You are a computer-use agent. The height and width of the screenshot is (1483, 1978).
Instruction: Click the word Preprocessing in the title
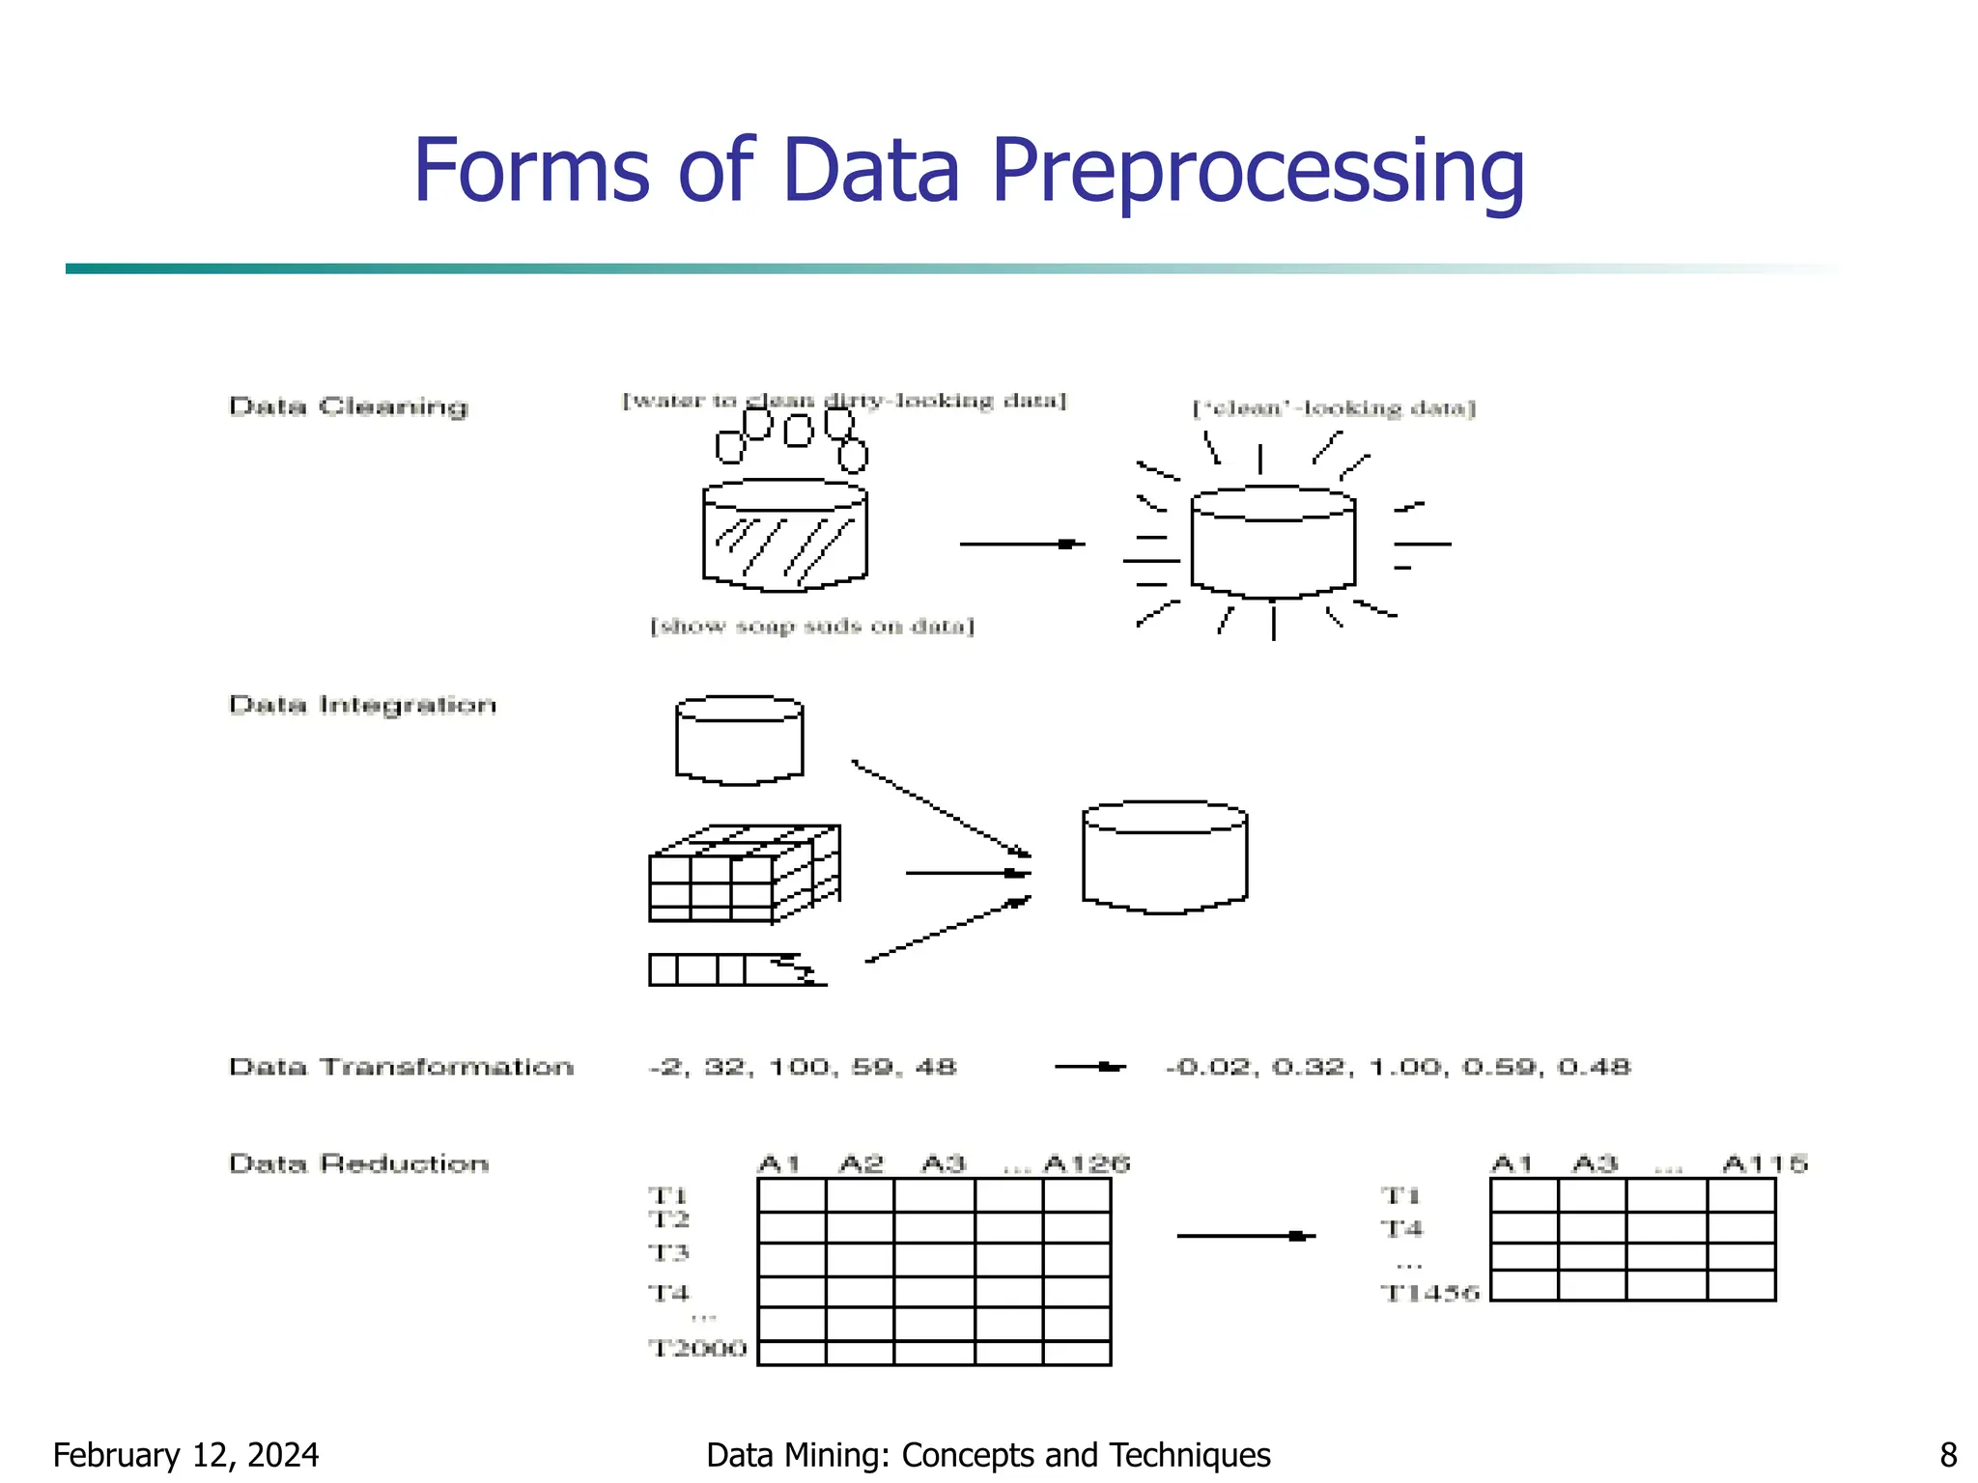pos(1257,172)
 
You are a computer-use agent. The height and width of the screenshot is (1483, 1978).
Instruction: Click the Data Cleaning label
pos(349,406)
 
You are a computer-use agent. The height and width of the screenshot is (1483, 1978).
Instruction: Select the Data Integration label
pos(363,705)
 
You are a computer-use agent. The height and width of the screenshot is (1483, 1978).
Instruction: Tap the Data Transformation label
pos(401,1067)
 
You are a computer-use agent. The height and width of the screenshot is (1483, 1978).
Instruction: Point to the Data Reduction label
pos(359,1163)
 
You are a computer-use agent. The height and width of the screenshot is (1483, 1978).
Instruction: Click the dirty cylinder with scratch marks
pos(784,536)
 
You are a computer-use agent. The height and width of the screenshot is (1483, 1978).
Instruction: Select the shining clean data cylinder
pos(1273,543)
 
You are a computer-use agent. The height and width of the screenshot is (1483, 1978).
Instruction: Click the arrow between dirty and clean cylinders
pos(1021,545)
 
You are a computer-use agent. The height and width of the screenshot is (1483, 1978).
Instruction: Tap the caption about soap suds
pos(812,627)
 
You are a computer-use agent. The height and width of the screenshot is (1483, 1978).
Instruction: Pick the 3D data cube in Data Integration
pos(744,874)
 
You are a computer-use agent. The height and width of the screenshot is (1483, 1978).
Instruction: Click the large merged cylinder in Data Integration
pos(1165,857)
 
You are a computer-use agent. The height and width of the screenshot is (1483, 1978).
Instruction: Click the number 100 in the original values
pos(799,1067)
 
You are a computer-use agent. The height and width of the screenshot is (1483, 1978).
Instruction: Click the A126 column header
pos(1087,1163)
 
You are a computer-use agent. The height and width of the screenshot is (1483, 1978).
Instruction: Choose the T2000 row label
pos(697,1348)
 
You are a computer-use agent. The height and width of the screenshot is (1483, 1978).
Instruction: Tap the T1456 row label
pos(1429,1293)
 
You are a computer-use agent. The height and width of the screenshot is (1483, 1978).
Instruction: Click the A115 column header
pos(1765,1163)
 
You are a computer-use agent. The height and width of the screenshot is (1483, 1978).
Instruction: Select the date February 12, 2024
pos(185,1455)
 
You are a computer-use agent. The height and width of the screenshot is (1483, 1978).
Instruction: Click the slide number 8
pos(1948,1455)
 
